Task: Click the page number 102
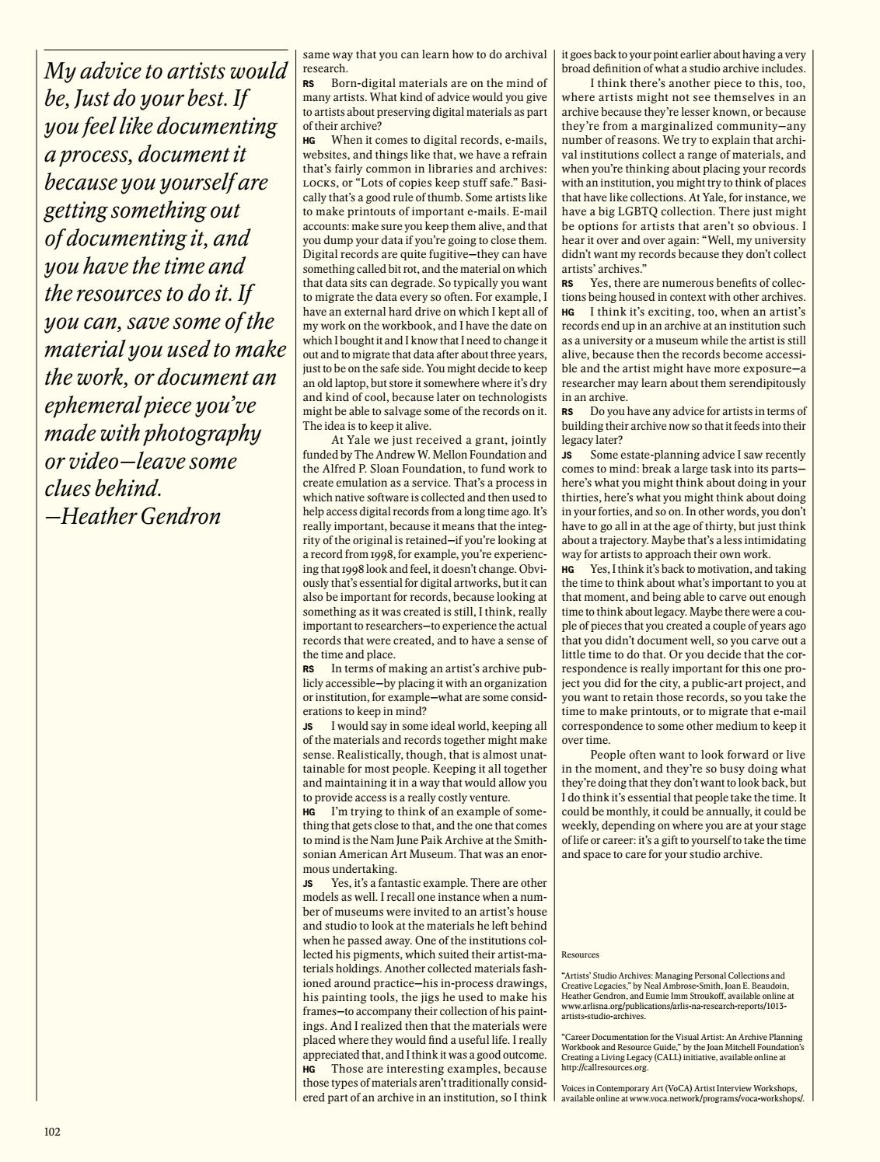51,1131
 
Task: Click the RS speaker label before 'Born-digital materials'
309,82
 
